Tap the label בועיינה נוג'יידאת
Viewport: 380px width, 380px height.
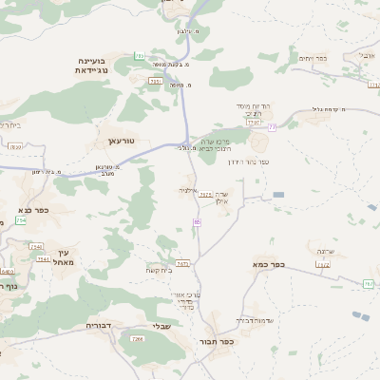tap(96, 64)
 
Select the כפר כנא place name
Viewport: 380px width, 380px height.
tap(33, 211)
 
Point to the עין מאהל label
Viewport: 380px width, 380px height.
tap(65, 256)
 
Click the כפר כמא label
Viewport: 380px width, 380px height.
tap(270, 264)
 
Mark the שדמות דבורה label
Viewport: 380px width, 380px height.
tap(255, 320)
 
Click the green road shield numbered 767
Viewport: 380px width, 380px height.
tap(368, 284)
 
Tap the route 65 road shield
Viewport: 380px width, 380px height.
tap(198, 221)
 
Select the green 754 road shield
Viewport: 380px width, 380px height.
tap(21, 220)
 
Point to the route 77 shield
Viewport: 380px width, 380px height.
tap(273, 125)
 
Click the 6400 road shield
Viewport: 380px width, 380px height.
tap(8, 272)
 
